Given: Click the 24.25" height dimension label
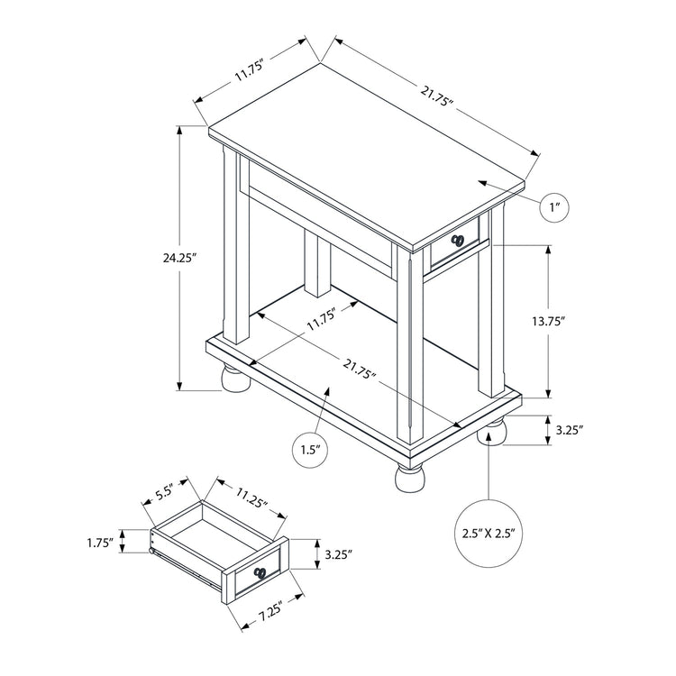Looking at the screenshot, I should (176, 257).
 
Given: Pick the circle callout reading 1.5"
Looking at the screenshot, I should (309, 448).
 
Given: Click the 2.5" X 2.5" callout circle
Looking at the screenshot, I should (488, 534).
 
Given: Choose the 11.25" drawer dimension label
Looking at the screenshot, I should (251, 498).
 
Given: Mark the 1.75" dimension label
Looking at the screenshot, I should (99, 543).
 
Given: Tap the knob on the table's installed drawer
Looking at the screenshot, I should (458, 241).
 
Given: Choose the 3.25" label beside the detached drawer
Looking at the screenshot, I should (339, 553).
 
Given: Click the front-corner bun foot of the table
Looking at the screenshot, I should (407, 474).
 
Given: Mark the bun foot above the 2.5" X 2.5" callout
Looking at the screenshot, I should (491, 432).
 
